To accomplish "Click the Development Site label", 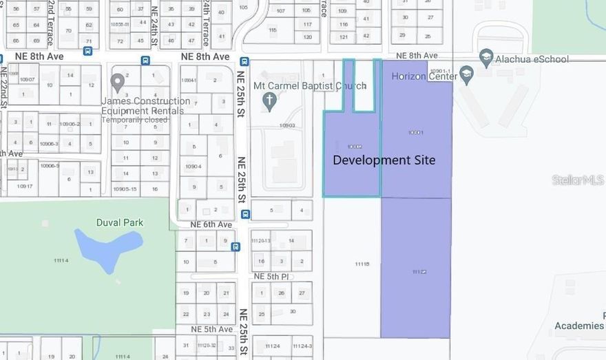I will point(384,160).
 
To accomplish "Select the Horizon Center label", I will point(424,76).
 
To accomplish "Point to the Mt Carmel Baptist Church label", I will point(310,86).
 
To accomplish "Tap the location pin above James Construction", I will point(118,83).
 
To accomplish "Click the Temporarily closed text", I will point(135,120).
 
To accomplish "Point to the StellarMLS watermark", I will point(577,180).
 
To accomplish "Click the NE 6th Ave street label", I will point(211,224).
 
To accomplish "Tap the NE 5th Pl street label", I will point(271,277).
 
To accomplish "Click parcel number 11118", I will point(362,264).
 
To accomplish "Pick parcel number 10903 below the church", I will point(287,125).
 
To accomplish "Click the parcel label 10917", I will point(25,186).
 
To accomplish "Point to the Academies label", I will point(580,326).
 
